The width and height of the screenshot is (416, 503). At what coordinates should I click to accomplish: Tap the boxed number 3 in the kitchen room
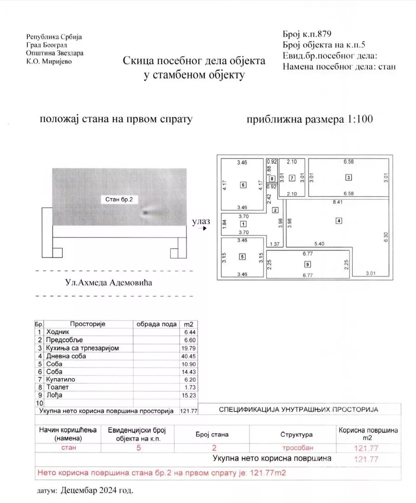tap(348, 177)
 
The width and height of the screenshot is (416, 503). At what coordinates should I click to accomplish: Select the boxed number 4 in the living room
tap(339, 220)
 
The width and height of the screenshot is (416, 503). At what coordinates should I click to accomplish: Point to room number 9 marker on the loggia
tap(308, 265)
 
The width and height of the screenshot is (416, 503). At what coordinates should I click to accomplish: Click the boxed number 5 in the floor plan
tap(242, 256)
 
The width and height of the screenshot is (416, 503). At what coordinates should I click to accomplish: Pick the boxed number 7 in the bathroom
tap(292, 177)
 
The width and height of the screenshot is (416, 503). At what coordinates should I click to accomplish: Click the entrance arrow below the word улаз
tap(201, 229)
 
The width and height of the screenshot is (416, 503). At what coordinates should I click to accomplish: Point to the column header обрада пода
tap(156, 324)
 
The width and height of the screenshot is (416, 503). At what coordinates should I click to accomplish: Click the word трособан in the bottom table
tap(296, 448)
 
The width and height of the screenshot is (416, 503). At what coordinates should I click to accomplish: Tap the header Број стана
tap(214, 435)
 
